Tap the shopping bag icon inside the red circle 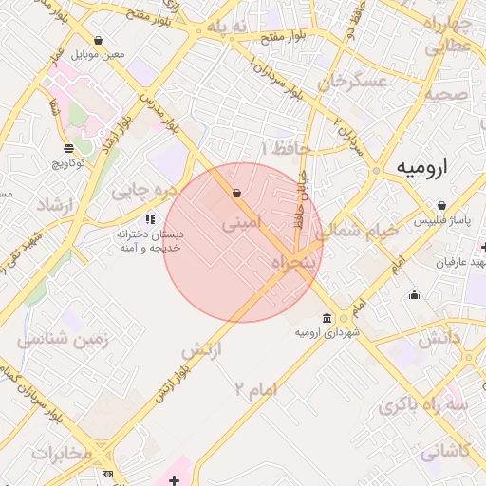pos(236,194)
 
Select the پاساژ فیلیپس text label pos(441,220)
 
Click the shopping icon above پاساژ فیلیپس pos(442,205)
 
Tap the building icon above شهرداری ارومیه pos(327,318)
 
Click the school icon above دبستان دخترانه pos(149,219)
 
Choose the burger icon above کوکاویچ pos(68,148)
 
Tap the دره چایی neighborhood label pos(144,190)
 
